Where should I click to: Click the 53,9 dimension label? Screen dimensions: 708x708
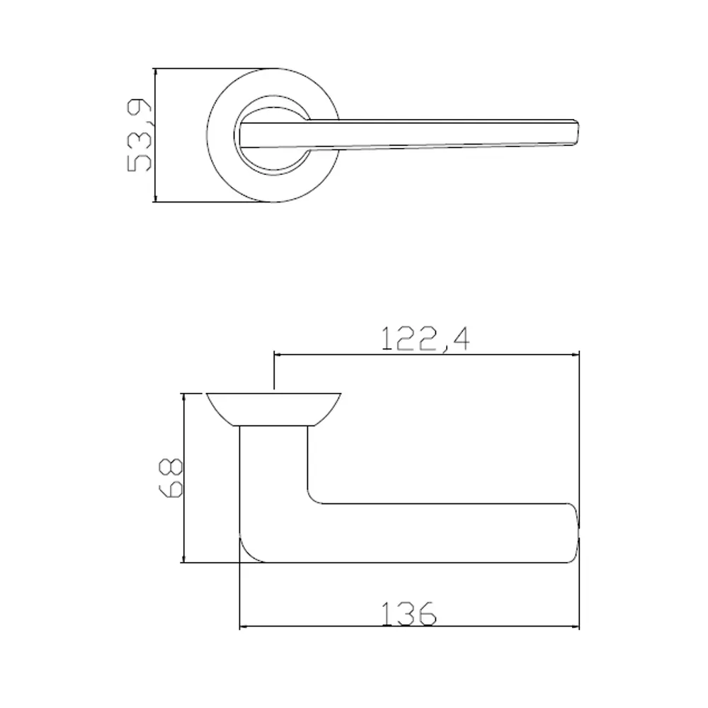139,135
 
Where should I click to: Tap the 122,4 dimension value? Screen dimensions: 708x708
426,338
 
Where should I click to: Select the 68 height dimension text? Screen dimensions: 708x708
173,479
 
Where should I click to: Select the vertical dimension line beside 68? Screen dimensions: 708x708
184,479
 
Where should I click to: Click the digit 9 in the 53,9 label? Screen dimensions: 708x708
139,111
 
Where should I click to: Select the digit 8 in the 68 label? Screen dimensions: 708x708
173,467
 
